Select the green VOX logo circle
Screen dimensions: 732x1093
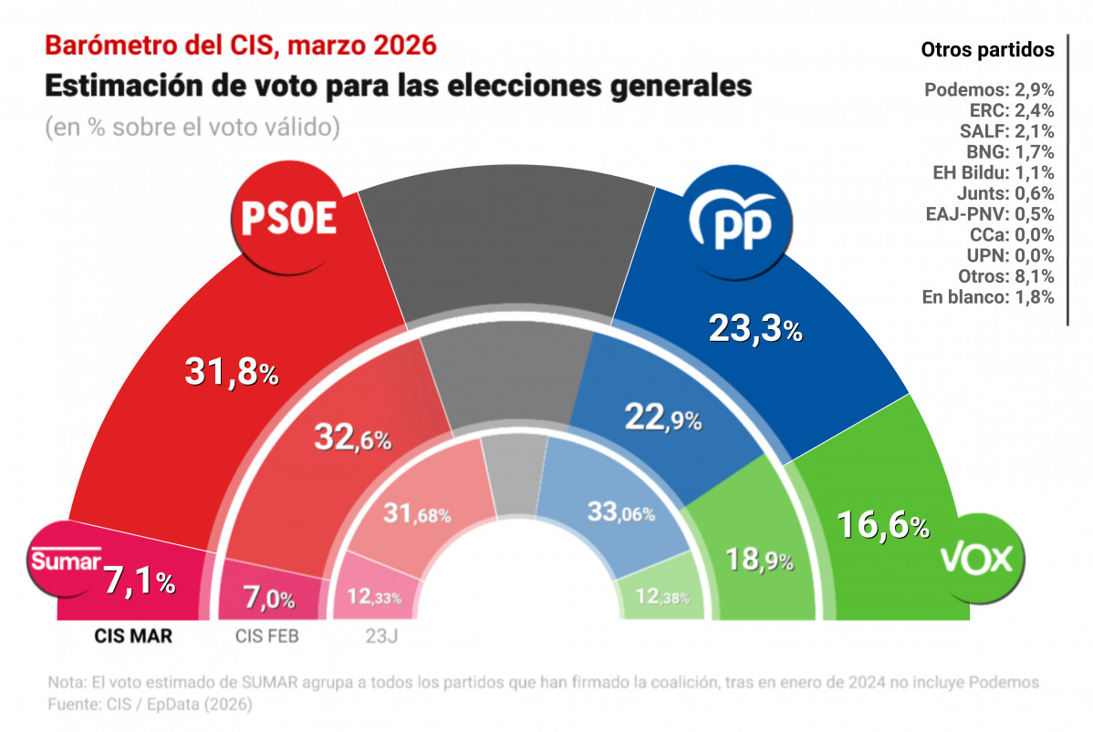(x=975, y=558)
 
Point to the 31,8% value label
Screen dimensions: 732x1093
(x=231, y=370)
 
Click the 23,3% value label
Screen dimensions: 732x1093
(x=755, y=328)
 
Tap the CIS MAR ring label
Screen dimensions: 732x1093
(x=133, y=635)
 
